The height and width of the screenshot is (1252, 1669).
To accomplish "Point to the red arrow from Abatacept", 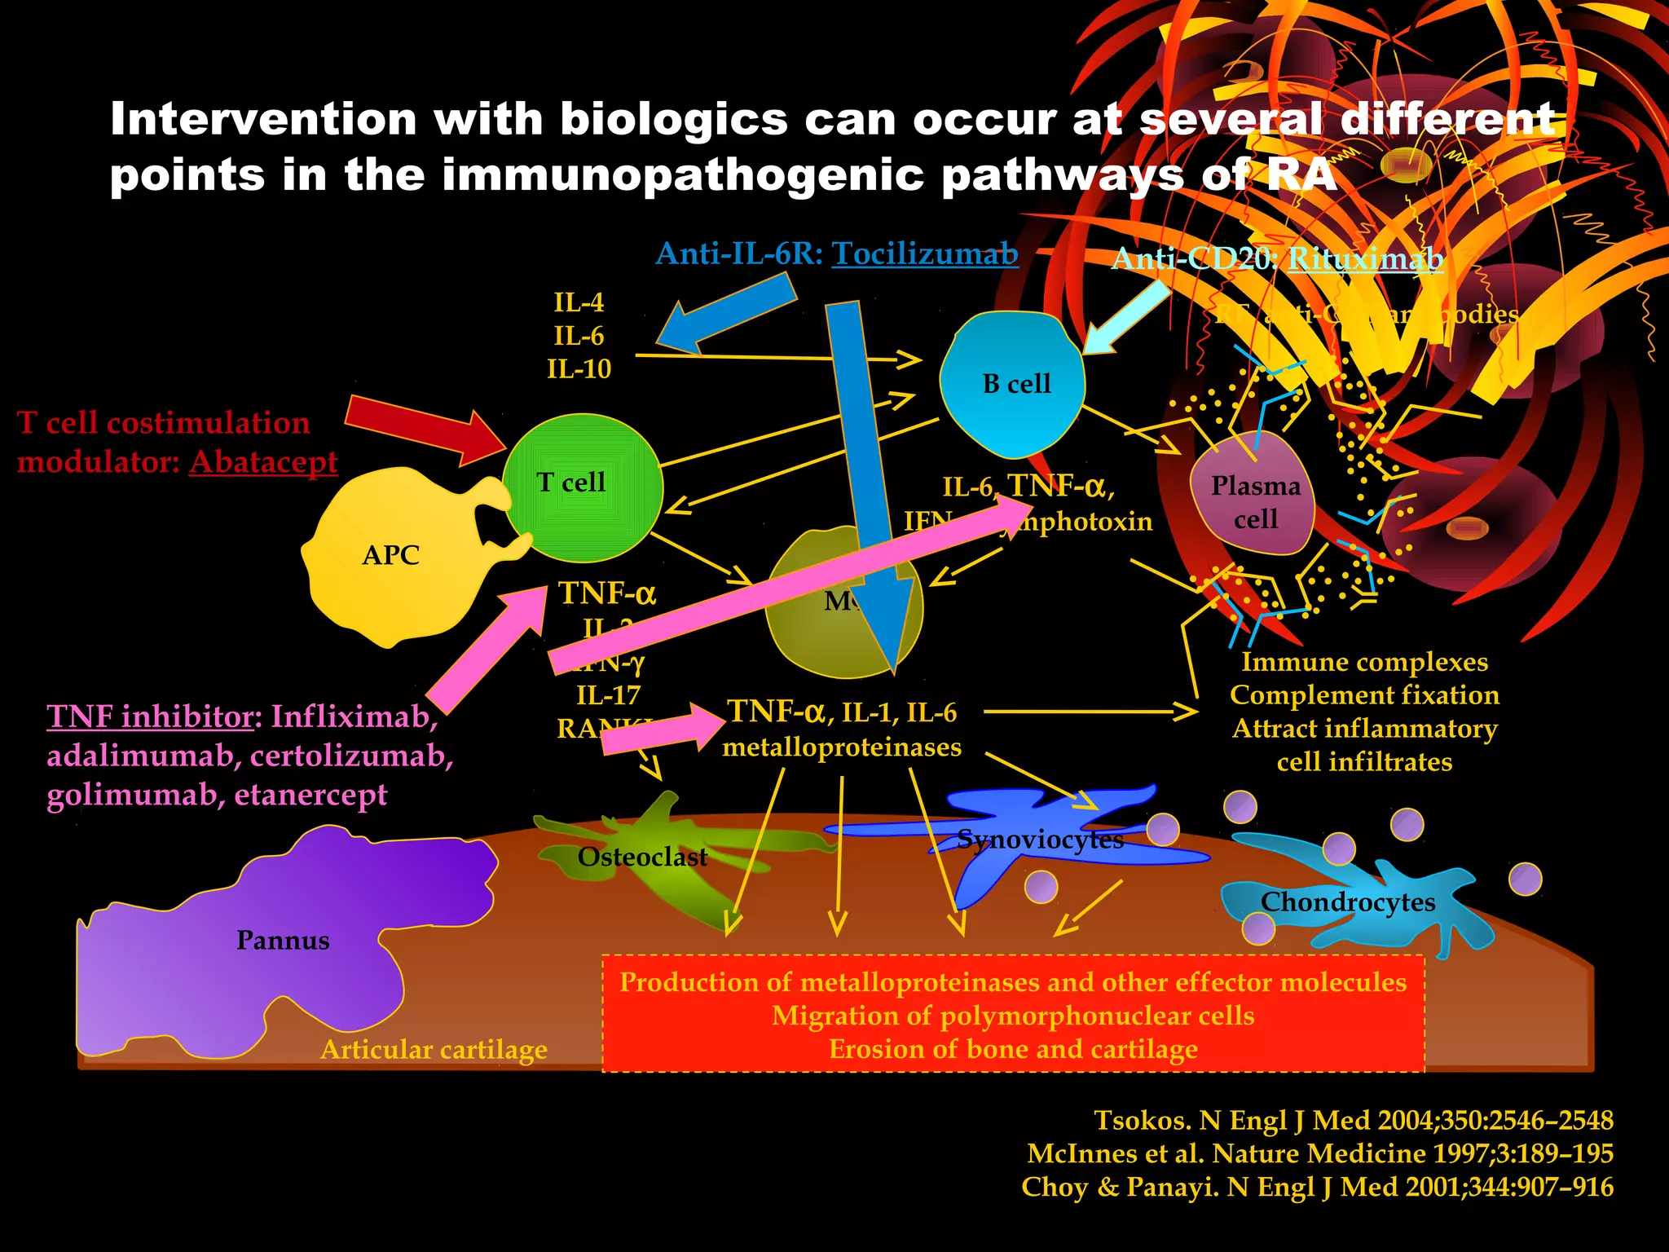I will point(424,427).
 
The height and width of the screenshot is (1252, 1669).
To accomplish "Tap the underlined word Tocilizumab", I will point(924,254).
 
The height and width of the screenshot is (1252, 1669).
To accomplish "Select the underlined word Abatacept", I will point(263,462).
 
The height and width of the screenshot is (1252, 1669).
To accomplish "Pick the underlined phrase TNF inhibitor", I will point(150,716).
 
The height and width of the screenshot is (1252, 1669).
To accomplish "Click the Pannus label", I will point(283,941).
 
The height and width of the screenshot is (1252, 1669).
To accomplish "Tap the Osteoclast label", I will point(642,857).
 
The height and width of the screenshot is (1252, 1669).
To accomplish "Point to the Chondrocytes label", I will point(1348,902).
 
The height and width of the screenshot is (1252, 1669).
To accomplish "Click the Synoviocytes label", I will point(1040,840).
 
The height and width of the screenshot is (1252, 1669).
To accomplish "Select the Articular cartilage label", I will point(434,1050).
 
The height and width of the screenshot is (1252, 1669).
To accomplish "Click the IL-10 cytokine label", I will point(579,369).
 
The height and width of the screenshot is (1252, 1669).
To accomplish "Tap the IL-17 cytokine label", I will point(608,695).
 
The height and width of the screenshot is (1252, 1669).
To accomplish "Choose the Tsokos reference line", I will point(1353,1121).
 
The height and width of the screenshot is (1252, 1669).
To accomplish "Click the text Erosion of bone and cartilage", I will point(1013,1050).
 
